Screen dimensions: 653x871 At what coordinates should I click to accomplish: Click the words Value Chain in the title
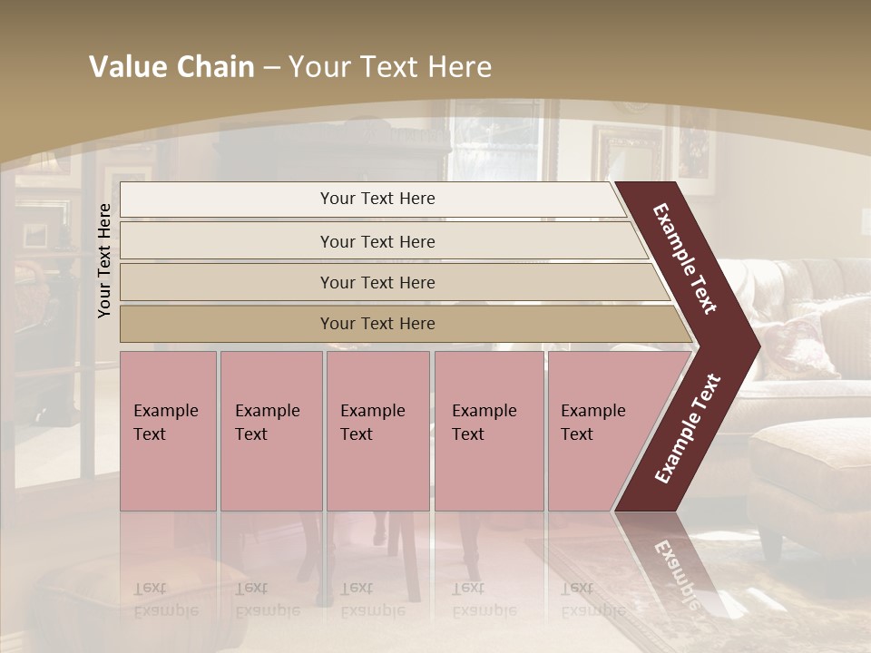[x=171, y=67]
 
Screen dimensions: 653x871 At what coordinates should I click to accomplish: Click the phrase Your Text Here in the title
[x=390, y=67]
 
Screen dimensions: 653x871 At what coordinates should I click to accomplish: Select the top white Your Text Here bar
[x=377, y=199]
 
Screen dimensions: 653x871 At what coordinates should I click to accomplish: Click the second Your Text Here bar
[x=377, y=241]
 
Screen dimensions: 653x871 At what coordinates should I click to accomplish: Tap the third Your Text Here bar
[x=377, y=282]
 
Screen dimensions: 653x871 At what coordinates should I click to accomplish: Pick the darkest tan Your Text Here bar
[x=377, y=324]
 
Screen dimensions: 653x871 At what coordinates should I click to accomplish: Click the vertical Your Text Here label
[x=104, y=260]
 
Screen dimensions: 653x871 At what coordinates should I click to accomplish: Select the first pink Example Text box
[x=167, y=431]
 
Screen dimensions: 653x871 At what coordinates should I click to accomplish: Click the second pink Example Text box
[x=269, y=431]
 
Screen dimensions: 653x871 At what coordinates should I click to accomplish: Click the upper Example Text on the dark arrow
[x=685, y=258]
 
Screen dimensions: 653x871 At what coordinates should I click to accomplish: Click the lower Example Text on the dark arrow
[x=687, y=428]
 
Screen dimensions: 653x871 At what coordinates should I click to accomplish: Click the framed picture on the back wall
[x=628, y=154]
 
